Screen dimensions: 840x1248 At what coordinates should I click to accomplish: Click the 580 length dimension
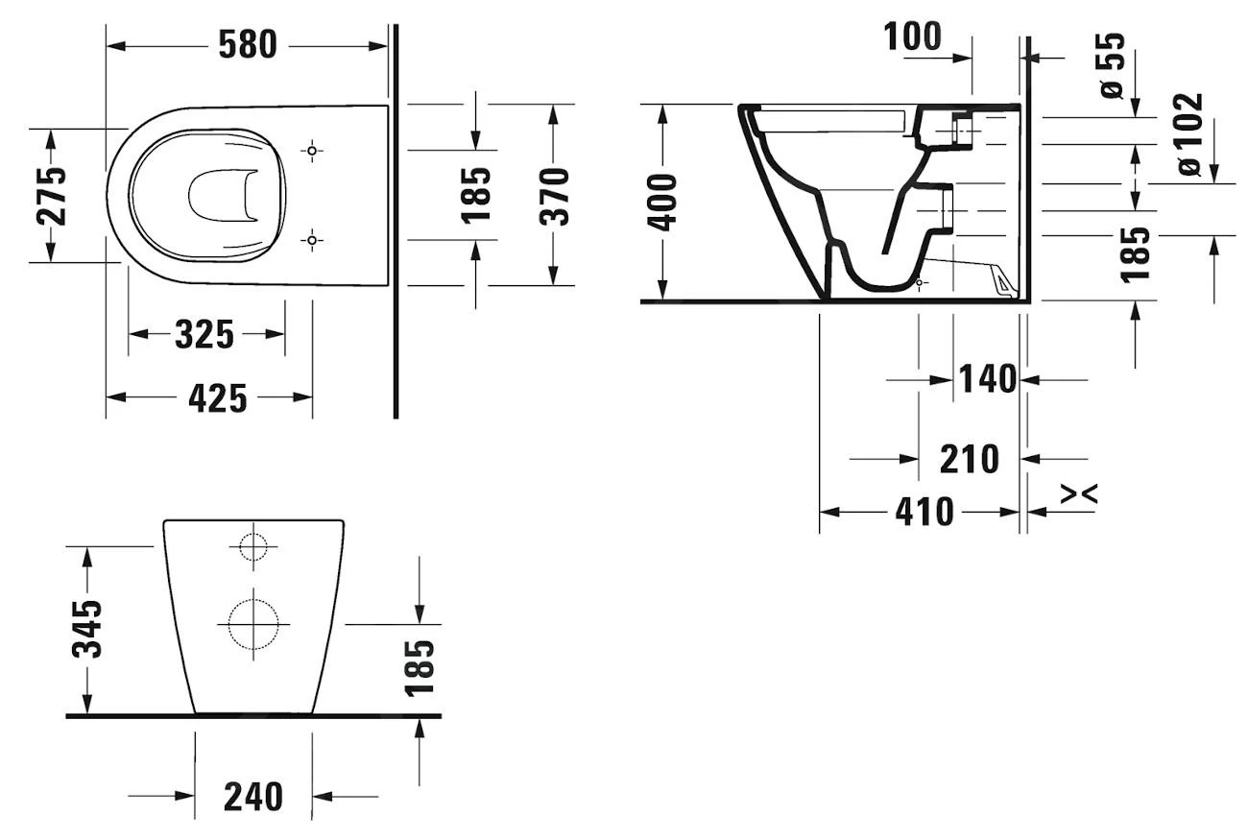tap(248, 44)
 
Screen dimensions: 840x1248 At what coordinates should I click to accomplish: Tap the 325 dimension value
tap(204, 334)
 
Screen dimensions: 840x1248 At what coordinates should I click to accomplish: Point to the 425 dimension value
tap(217, 397)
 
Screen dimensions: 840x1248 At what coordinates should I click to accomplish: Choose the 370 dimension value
tap(554, 195)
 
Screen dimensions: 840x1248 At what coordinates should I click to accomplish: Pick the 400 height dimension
tap(662, 202)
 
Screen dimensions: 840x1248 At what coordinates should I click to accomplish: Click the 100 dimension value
tap(912, 36)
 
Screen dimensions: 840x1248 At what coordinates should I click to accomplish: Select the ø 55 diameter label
tap(1111, 64)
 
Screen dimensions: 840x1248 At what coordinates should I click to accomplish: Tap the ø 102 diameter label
tap(1189, 133)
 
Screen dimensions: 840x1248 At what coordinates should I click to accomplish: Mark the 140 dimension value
tap(988, 379)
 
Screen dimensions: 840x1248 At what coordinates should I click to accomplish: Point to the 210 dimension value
tap(969, 459)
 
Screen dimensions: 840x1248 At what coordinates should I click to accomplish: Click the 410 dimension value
tap(924, 512)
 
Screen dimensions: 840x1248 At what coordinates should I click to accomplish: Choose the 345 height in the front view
tap(87, 629)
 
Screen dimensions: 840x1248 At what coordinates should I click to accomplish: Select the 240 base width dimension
tap(253, 796)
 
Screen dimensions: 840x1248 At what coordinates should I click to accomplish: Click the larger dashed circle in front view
tap(252, 624)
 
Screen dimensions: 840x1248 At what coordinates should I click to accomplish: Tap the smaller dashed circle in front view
tap(252, 545)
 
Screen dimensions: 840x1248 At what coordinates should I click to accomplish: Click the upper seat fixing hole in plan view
tap(312, 150)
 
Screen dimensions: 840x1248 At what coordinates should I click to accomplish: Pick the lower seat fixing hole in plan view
tap(312, 239)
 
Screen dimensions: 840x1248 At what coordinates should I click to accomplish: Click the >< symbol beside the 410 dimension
tap(1079, 493)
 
